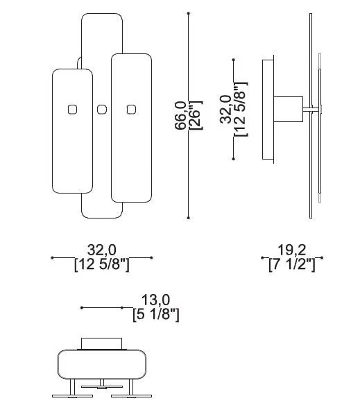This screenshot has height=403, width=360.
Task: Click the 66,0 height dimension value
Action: [180, 115]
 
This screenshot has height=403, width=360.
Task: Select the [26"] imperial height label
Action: [196, 115]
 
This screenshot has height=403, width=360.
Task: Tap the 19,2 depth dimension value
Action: [291, 250]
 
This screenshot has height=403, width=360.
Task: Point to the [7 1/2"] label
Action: [291, 264]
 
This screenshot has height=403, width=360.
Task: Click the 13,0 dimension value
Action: [155, 300]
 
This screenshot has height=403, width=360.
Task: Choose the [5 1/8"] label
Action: [155, 314]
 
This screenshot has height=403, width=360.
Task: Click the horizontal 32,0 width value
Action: [102, 250]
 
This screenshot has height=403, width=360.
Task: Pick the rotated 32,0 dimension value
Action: [226, 110]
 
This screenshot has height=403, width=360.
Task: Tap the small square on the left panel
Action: [72, 110]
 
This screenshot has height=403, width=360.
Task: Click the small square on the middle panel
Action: [102, 110]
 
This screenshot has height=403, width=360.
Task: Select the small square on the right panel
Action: [132, 110]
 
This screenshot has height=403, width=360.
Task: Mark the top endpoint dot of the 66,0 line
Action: [189, 13]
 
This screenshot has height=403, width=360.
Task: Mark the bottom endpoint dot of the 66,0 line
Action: [189, 218]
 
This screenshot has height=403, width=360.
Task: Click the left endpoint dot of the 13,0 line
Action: [82, 308]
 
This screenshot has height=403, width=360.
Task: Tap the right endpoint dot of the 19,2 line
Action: [321, 257]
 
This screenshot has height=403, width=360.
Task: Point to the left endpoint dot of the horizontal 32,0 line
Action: [52, 257]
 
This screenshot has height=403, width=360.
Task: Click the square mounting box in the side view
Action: [289, 109]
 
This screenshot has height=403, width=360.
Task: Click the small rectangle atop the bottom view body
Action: [102, 343]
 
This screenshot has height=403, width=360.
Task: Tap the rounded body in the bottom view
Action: [102, 364]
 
